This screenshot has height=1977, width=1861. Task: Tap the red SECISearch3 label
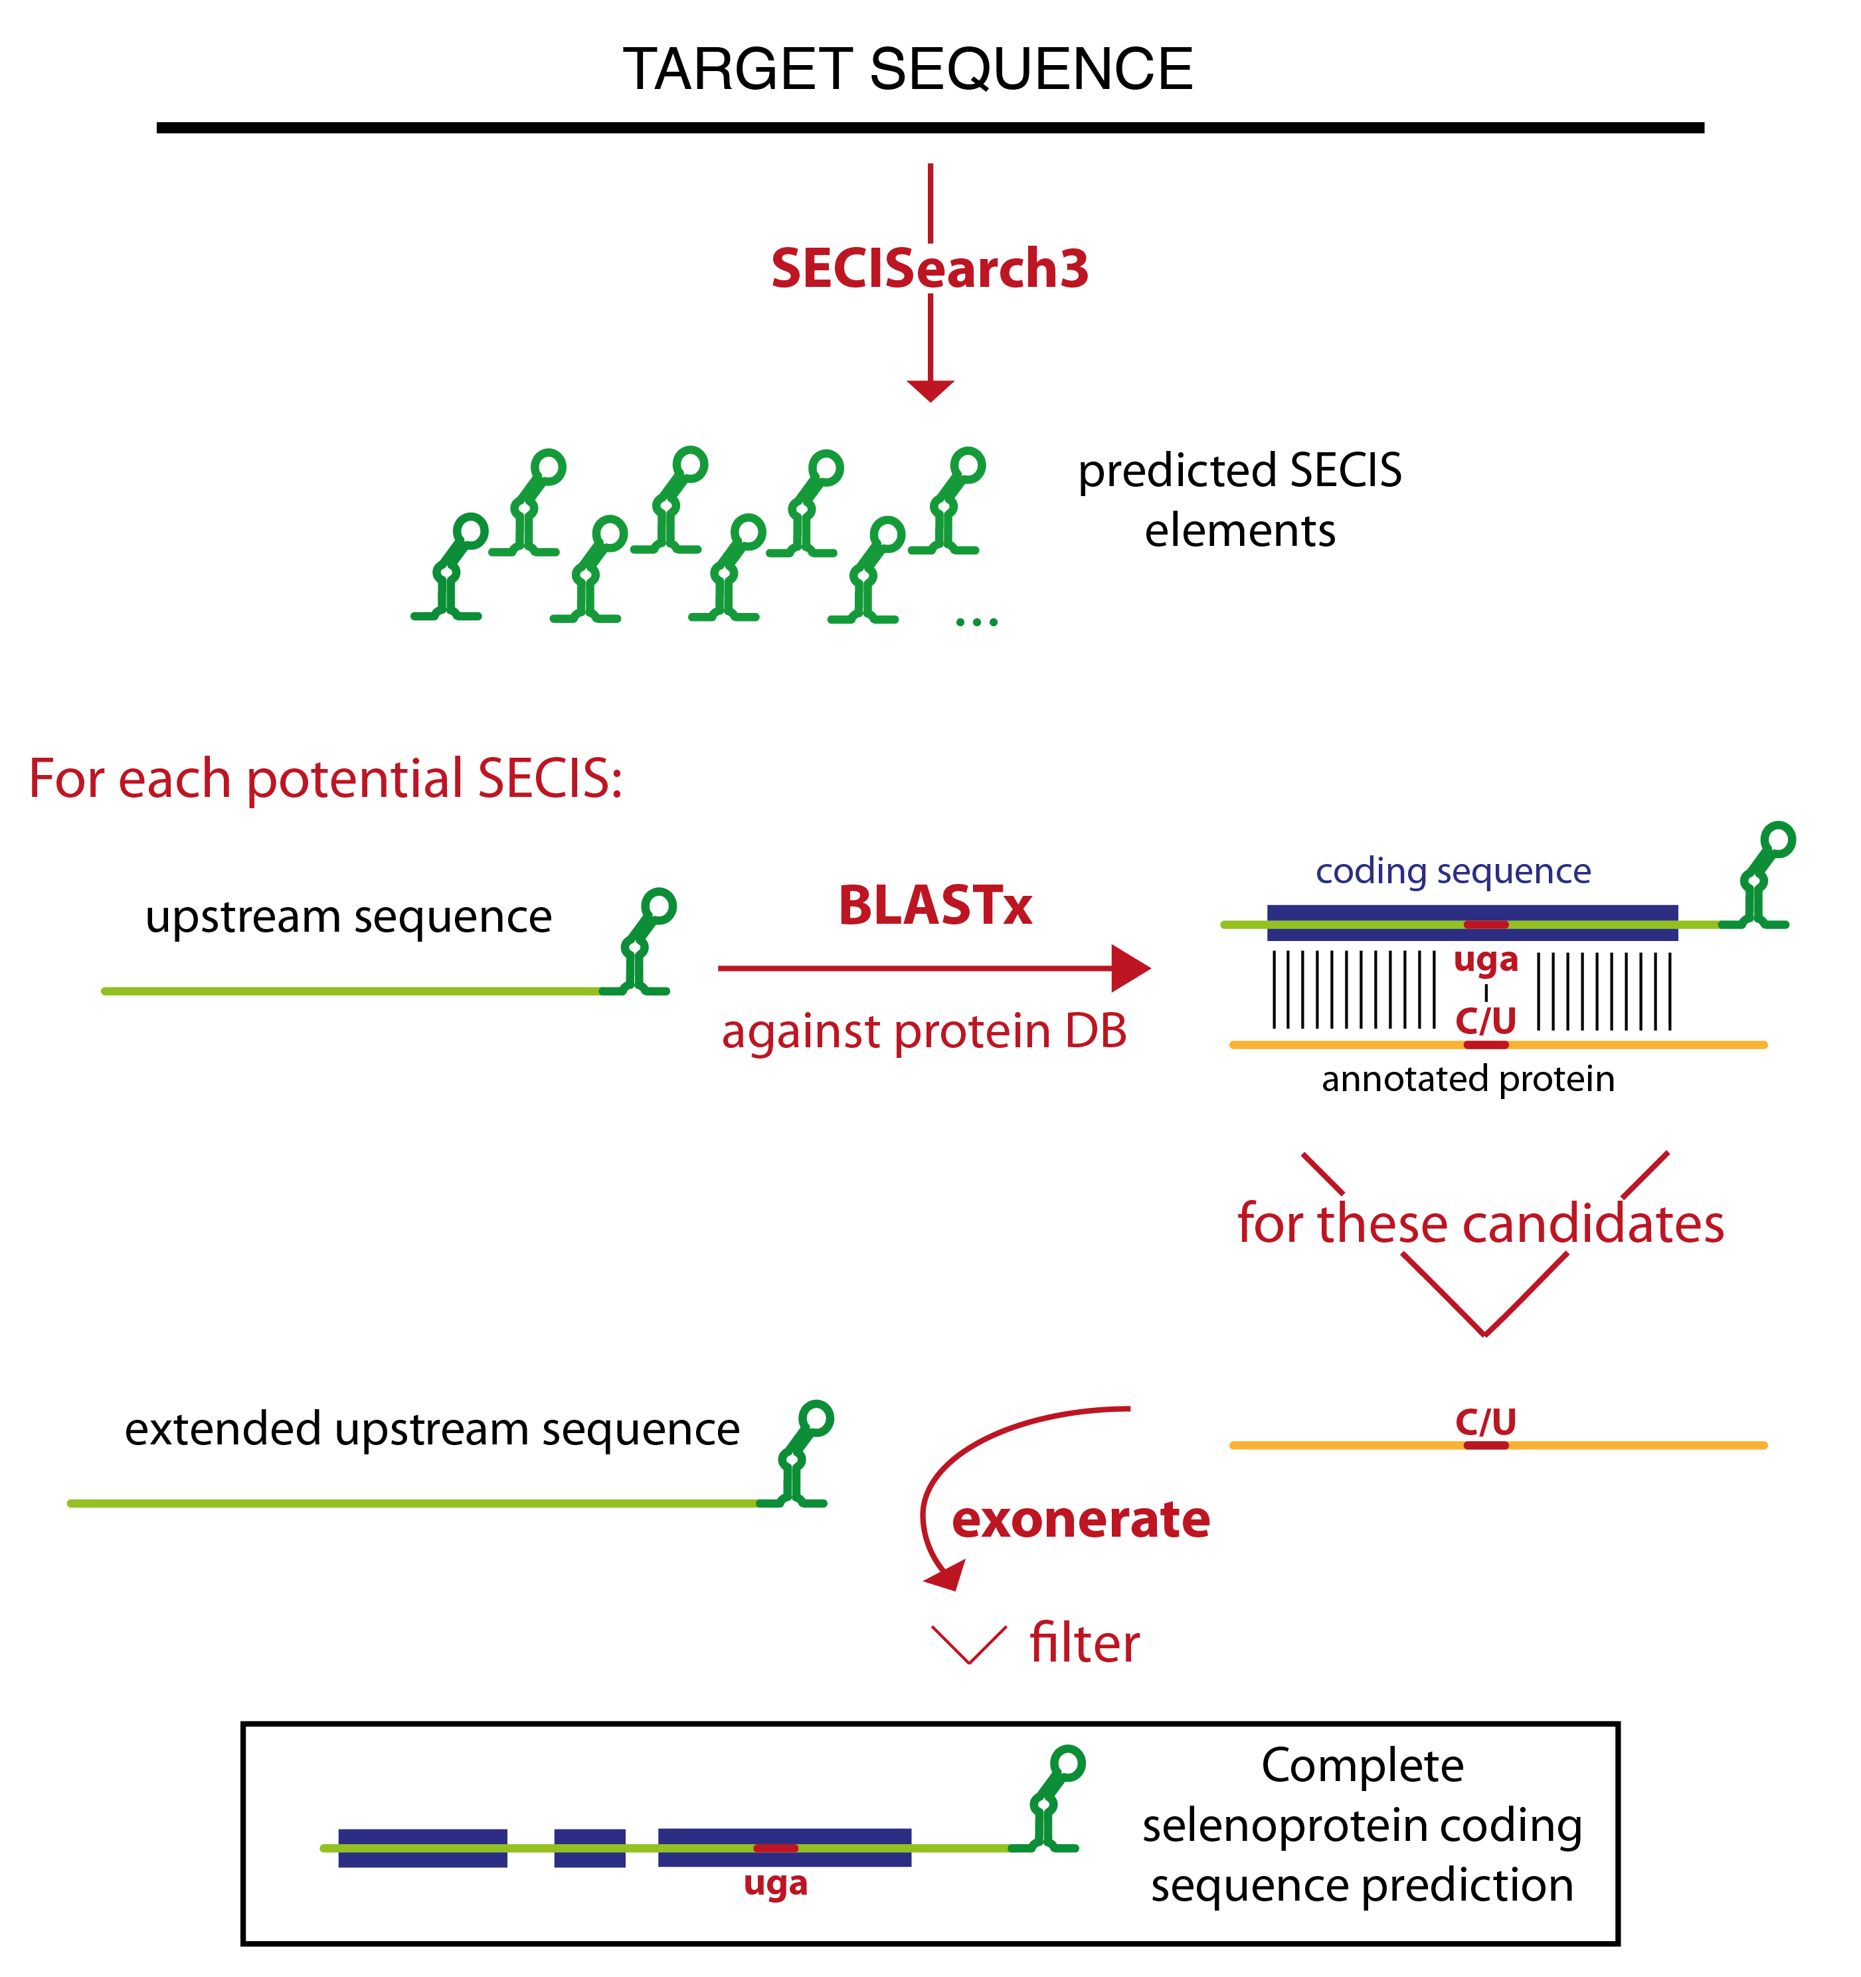tap(930, 268)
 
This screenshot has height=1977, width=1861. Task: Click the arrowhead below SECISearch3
tap(930, 391)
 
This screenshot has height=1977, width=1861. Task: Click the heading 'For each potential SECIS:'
tap(325, 779)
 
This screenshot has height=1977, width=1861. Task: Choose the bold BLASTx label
tap(935, 906)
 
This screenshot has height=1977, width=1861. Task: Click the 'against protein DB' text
tap(924, 1031)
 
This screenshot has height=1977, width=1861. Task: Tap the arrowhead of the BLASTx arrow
tap(1131, 968)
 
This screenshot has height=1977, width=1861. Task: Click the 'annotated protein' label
tap(1468, 1079)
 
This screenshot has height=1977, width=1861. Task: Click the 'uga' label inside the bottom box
tap(776, 1885)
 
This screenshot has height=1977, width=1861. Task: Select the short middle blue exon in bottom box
tap(590, 1848)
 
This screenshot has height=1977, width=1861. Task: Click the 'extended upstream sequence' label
tap(432, 1429)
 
